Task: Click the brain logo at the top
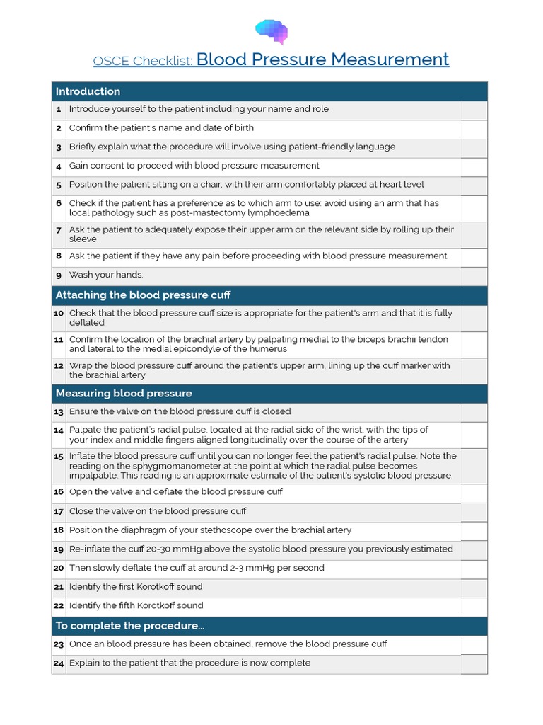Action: pyautogui.click(x=271, y=31)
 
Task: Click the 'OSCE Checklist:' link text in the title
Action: pyautogui.click(x=143, y=62)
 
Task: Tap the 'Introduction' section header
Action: pyautogui.click(x=88, y=91)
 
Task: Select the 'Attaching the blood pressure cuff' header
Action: pyautogui.click(x=143, y=295)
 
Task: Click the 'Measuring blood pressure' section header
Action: pyautogui.click(x=124, y=394)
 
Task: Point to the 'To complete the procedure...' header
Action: pyautogui.click(x=129, y=626)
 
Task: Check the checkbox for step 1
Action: pyautogui.click(x=474, y=110)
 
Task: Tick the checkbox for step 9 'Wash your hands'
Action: pyautogui.click(x=474, y=275)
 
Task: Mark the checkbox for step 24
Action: pyautogui.click(x=474, y=663)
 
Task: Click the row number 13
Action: pyautogui.click(x=59, y=412)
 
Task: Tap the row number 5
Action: pyautogui.click(x=59, y=185)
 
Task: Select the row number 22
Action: pyautogui.click(x=59, y=606)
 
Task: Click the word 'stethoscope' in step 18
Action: pyautogui.click(x=221, y=530)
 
